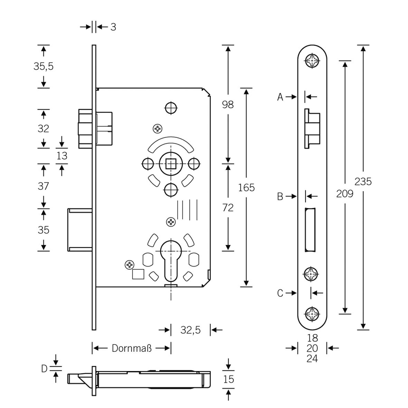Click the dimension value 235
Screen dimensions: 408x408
(x=363, y=181)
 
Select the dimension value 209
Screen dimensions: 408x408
(x=345, y=193)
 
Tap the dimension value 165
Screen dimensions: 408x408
(x=246, y=187)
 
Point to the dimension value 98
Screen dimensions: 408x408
(x=228, y=104)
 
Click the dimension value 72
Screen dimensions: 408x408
(x=228, y=208)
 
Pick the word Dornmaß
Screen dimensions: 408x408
(x=131, y=348)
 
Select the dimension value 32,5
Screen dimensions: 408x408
(x=190, y=330)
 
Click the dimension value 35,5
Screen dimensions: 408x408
(x=44, y=66)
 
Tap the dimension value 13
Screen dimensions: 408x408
(x=62, y=155)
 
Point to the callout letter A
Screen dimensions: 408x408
(x=280, y=97)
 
